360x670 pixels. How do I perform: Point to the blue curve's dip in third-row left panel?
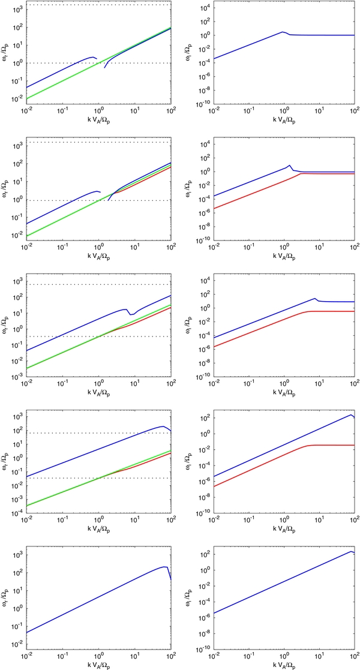[131, 314]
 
